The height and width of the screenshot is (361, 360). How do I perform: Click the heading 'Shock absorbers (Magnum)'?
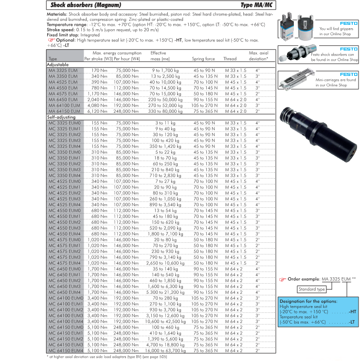[x=82, y=5]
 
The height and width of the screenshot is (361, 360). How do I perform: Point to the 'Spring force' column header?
[x=203, y=59]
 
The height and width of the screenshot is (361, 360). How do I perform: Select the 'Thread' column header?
[x=230, y=59]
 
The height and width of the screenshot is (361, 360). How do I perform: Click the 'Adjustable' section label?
[x=58, y=65]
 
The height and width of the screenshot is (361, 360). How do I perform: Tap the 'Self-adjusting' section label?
[x=60, y=117]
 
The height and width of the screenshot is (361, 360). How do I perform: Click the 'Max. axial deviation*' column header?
[x=258, y=55]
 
